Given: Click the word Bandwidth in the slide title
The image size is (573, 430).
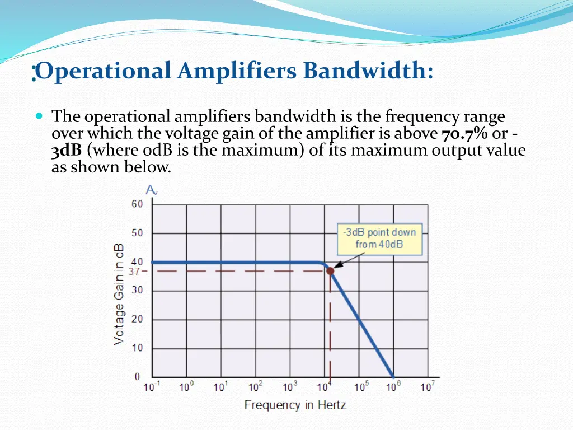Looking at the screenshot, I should [368, 72].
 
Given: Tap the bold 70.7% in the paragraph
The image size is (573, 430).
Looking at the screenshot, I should [464, 134].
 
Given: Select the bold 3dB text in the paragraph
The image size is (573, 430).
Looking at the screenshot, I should [67, 151].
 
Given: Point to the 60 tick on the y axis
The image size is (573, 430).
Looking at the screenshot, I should [137, 204].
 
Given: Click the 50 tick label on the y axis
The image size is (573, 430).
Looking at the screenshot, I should [137, 233].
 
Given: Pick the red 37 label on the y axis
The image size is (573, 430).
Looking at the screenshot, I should [134, 272].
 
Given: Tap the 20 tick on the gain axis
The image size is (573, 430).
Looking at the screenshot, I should [137, 319].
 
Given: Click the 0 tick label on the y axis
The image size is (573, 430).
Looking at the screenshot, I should [138, 377].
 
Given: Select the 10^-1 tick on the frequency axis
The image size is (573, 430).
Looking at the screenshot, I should [151, 387].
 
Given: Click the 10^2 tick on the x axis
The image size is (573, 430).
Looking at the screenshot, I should [255, 387].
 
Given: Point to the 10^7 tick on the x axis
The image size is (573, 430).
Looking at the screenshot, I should [428, 387].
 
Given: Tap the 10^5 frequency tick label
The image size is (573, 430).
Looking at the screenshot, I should [359, 387].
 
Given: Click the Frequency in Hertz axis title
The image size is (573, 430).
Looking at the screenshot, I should [295, 405].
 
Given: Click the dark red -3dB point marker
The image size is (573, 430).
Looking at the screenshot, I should [330, 271].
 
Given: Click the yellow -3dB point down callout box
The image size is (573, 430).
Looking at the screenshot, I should [380, 239].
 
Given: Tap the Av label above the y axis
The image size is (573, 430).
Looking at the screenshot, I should [152, 190].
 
